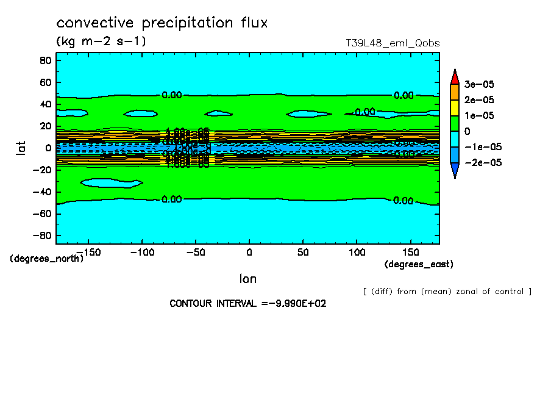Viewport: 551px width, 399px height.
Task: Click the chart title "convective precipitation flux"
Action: click(x=162, y=23)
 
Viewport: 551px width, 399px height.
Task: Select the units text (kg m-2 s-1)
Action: click(x=101, y=41)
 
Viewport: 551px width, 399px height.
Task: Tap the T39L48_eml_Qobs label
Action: click(x=393, y=43)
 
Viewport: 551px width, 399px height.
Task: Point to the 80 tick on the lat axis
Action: click(x=44, y=60)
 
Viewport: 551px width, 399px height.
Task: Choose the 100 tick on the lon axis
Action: click(x=357, y=251)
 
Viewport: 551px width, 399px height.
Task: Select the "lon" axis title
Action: click(x=247, y=279)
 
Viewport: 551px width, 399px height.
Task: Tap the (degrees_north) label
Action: click(x=47, y=258)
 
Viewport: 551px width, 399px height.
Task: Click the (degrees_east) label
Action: click(x=419, y=264)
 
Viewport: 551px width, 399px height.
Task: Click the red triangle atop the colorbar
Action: click(x=455, y=76)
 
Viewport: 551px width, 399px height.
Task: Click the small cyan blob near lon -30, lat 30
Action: click(x=218, y=113)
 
